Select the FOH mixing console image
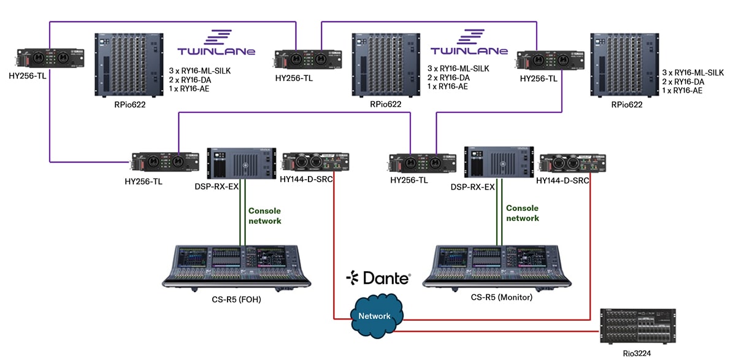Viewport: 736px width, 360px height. (x=237, y=265)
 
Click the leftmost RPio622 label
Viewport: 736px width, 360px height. (x=128, y=104)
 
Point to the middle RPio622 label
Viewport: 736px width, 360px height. (x=385, y=104)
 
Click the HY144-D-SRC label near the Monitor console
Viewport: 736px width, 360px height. (x=562, y=180)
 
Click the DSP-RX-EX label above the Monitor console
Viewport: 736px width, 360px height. (x=473, y=186)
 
